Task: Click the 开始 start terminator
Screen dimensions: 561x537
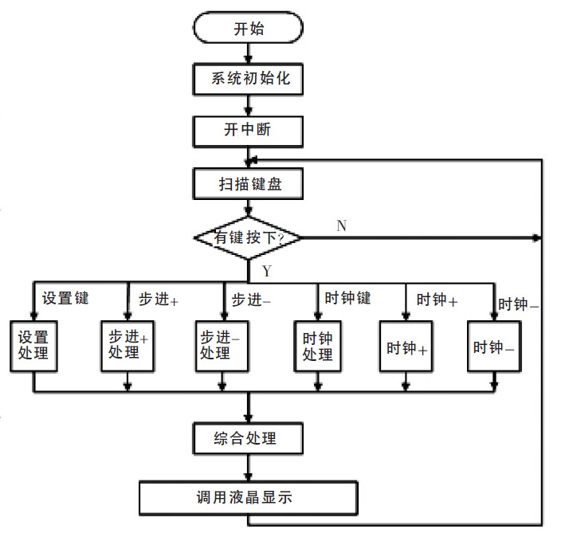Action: click(248, 28)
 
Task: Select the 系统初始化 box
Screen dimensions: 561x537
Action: click(248, 79)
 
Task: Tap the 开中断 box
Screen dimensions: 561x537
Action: click(248, 131)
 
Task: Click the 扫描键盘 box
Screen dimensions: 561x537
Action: click(248, 183)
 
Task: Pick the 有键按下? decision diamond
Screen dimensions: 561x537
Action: click(248, 237)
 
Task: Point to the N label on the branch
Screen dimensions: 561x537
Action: click(342, 225)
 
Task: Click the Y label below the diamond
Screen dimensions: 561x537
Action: click(267, 271)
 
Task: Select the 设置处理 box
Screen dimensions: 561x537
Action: click(33, 346)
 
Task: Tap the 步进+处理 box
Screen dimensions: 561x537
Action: click(127, 346)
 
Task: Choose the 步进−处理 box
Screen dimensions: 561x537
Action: click(222, 346)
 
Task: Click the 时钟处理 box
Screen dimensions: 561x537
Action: click(317, 346)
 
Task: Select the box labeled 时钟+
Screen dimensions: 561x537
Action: click(406, 346)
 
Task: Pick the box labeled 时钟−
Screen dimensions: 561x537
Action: click(494, 346)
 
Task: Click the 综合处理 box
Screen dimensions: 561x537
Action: click(248, 438)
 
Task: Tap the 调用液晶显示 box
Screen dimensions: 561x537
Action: click(249, 498)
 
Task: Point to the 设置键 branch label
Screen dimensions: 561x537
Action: click(65, 298)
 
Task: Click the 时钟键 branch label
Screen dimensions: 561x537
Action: click(347, 298)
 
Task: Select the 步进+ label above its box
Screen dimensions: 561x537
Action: click(159, 299)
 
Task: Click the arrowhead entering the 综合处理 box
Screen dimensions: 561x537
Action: click(249, 418)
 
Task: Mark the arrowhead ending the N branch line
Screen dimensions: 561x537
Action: click(536, 237)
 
